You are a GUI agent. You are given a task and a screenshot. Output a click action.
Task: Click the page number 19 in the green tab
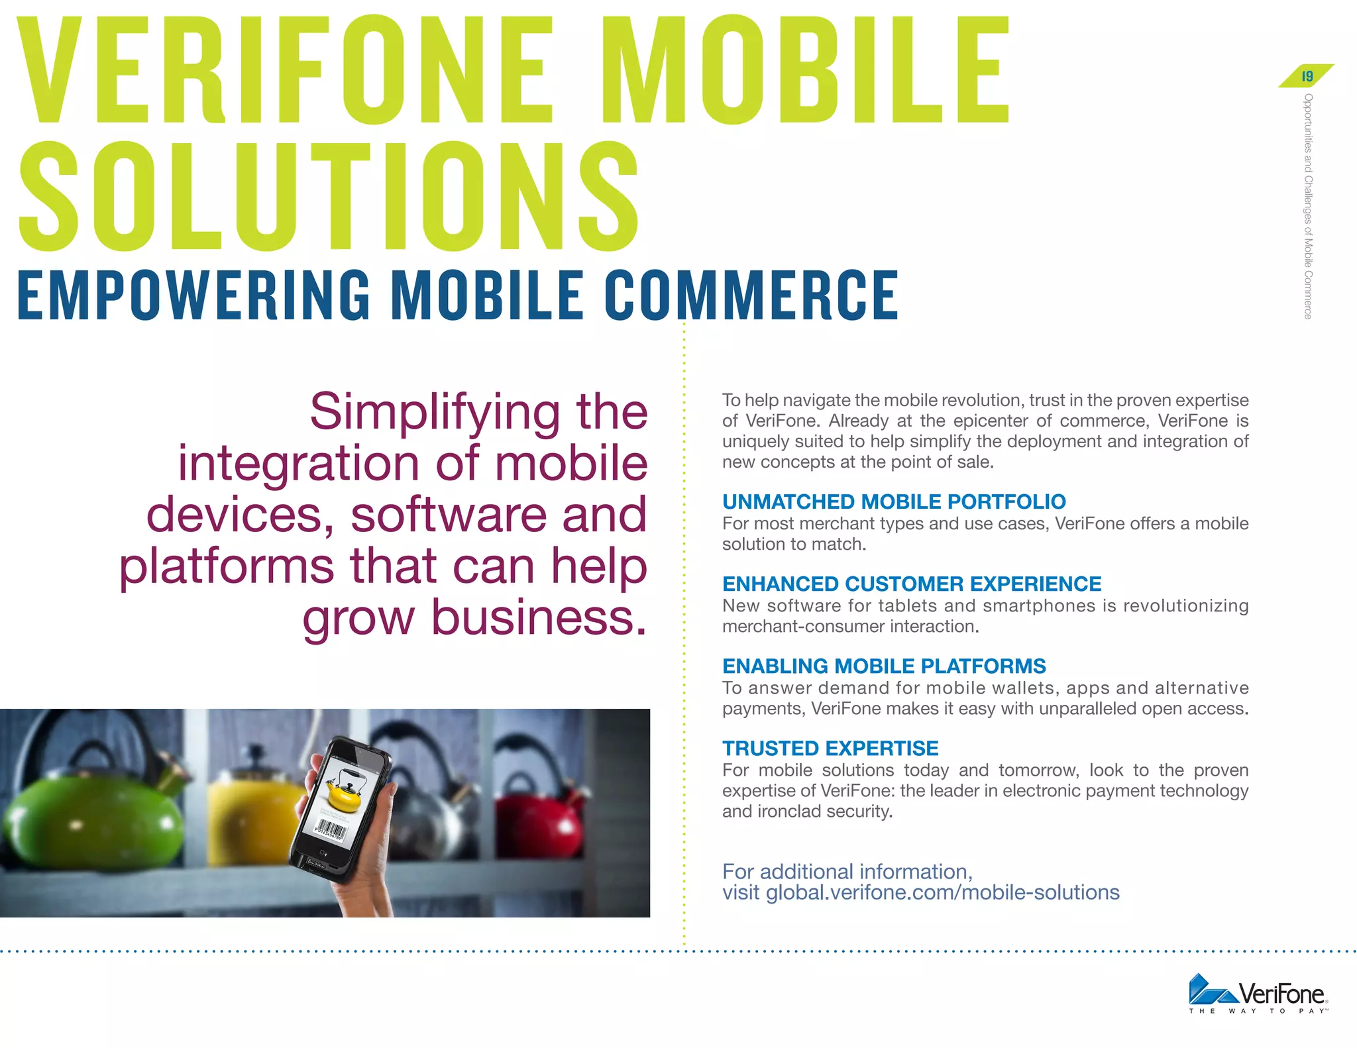(x=1307, y=76)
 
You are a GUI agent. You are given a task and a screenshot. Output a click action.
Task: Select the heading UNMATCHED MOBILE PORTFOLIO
(x=894, y=501)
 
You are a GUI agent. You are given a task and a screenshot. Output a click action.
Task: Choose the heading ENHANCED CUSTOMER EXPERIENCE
(x=912, y=584)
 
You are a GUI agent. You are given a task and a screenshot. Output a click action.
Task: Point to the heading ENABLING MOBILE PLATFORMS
(x=884, y=666)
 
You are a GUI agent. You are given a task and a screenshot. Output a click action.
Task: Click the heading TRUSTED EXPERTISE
(x=830, y=748)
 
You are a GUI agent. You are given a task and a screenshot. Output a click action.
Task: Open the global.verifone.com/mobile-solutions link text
(x=942, y=892)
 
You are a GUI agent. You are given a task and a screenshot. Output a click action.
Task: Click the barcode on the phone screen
(x=331, y=830)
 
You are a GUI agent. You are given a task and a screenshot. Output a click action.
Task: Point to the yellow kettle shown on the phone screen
(x=345, y=792)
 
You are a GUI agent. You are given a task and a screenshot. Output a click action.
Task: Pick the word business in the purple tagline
(x=539, y=617)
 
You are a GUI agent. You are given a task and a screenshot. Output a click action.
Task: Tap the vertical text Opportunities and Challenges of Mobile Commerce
(x=1307, y=206)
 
